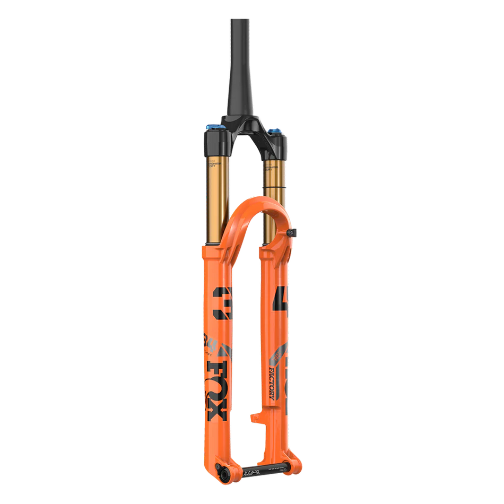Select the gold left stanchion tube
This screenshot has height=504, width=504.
[x=214, y=202]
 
